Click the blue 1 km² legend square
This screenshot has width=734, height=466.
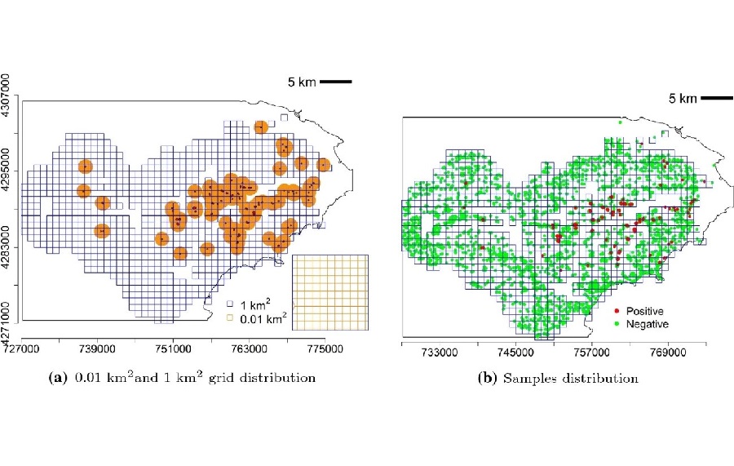(x=231, y=302)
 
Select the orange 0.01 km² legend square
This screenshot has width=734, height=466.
(x=231, y=316)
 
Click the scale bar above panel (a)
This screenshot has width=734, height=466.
(x=335, y=82)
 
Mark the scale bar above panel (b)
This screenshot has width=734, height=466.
(x=715, y=99)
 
